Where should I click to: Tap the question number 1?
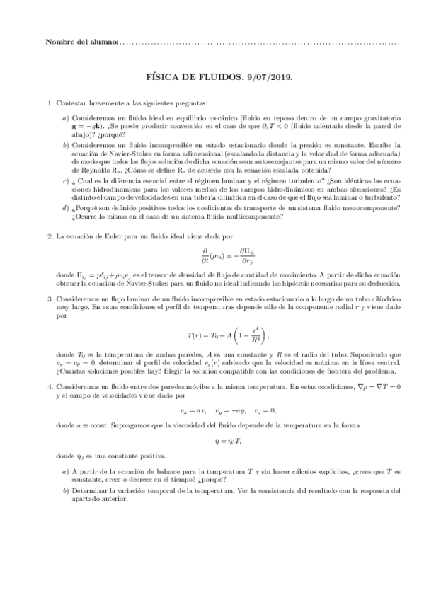[48, 103]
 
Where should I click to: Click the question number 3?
[48, 300]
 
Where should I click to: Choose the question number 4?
[48, 388]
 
